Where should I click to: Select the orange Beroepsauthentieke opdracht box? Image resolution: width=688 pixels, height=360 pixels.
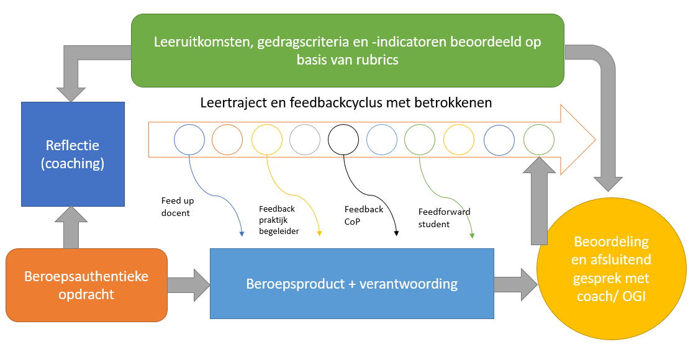(86, 285)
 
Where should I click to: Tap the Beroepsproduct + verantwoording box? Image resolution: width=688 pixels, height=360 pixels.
(352, 284)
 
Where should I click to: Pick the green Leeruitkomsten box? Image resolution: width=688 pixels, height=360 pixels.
(347, 50)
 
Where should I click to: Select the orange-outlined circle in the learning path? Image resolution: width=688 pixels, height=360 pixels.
(228, 140)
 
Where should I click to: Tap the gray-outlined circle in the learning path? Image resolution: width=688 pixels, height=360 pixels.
(305, 140)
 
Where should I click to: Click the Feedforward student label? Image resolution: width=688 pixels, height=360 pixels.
(444, 217)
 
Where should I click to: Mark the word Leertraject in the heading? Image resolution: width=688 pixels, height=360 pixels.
(232, 102)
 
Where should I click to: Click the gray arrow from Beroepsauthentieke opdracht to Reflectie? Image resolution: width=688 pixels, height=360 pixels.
(71, 227)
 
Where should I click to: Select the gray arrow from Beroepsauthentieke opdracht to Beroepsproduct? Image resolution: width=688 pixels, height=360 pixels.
(189, 285)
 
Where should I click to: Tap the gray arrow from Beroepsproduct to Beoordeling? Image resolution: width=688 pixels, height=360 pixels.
(515, 284)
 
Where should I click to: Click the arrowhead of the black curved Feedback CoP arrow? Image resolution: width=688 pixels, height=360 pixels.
(396, 233)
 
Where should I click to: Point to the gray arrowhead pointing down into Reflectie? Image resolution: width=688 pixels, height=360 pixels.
(70, 93)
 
